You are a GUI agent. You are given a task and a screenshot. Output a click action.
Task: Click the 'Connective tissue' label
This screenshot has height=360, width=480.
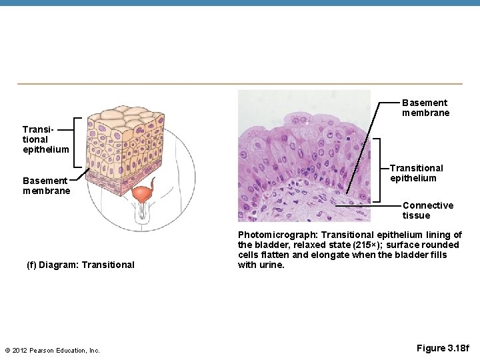427,210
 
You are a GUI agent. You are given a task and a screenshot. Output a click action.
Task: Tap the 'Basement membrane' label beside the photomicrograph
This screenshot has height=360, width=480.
425,107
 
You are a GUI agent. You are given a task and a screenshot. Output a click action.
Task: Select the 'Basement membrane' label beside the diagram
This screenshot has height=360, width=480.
45,185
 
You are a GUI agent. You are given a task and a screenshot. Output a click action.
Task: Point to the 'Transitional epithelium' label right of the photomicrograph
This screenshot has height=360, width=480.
416,173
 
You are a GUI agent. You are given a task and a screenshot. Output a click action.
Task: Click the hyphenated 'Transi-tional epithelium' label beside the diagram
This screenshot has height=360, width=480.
45,139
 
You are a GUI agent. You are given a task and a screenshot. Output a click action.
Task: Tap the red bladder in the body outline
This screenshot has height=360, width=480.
141,195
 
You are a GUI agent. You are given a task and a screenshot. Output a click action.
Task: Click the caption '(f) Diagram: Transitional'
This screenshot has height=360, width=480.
80,265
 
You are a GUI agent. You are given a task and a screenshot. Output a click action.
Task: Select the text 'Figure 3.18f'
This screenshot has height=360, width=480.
443,348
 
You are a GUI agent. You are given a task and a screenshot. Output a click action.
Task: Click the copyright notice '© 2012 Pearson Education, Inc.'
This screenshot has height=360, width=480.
52,350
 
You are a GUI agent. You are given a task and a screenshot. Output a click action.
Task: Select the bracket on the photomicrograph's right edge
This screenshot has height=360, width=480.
377,169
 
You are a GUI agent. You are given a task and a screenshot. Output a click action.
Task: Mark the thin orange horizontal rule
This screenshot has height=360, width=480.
240,84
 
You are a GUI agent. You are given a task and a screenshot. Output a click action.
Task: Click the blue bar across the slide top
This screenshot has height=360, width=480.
240,3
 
